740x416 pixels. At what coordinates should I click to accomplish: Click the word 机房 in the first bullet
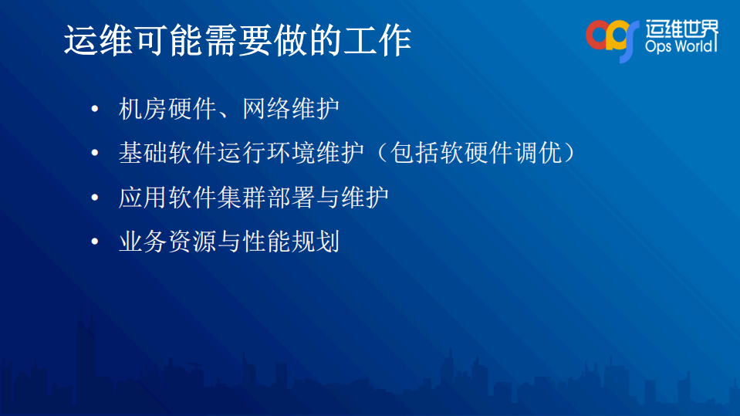click(x=143, y=109)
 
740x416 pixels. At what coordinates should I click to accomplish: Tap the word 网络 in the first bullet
click(x=266, y=109)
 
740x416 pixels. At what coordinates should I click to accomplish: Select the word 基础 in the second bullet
click(x=143, y=153)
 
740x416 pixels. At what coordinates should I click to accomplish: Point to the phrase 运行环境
click(x=266, y=153)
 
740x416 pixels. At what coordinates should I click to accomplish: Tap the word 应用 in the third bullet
click(x=143, y=198)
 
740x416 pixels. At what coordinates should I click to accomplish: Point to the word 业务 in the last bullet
click(x=143, y=242)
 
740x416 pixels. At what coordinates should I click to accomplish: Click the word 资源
click(x=192, y=242)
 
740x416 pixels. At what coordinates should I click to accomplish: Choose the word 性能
click(x=266, y=242)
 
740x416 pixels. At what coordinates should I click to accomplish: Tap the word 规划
click(x=316, y=242)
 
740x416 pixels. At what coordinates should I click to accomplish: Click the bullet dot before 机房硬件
click(x=94, y=109)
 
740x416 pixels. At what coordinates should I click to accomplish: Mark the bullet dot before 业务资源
click(x=94, y=242)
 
